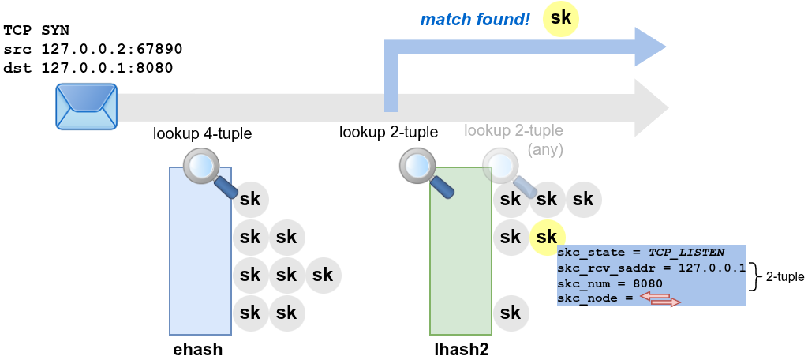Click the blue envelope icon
pyautogui.click(x=87, y=106)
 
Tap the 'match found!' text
pyautogui.click(x=474, y=19)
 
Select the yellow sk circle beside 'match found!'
pyautogui.click(x=561, y=19)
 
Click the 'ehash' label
pyautogui.click(x=197, y=349)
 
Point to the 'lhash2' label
pyautogui.click(x=462, y=349)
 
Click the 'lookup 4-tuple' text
pyautogui.click(x=202, y=133)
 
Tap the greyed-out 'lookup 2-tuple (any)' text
pyautogui.click(x=514, y=139)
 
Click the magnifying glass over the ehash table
pyautogui.click(x=207, y=171)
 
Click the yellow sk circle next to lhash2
pyautogui.click(x=547, y=236)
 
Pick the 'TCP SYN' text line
pyautogui.click(x=36, y=30)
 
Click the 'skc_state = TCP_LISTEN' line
pyautogui.click(x=640, y=253)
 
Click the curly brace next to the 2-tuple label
pyautogui.click(x=754, y=276)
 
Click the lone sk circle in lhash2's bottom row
pyautogui.click(x=511, y=312)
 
